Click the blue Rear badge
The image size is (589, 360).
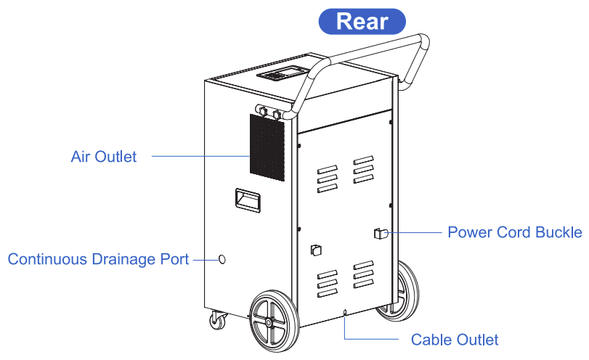click(x=362, y=21)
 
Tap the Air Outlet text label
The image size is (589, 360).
click(x=104, y=156)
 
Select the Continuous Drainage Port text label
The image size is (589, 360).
click(x=98, y=259)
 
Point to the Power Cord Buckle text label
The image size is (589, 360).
click(x=514, y=232)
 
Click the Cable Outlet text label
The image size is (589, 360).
click(x=455, y=340)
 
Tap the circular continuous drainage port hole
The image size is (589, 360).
click(x=222, y=259)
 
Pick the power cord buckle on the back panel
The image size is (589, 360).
click(x=378, y=233)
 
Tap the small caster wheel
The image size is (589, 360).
click(x=217, y=319)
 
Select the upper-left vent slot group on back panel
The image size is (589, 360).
click(x=328, y=179)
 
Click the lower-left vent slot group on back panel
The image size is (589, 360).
click(x=328, y=283)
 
